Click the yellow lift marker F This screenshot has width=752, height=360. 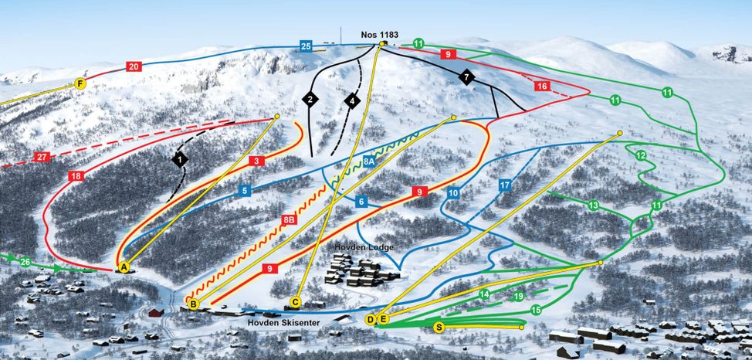coord(80,83)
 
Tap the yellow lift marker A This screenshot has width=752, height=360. coord(123,267)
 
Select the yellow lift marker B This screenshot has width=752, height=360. coord(194,305)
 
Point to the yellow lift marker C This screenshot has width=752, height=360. coord(296,302)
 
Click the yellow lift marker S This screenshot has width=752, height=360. coord(439,328)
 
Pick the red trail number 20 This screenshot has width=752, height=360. coord(134,66)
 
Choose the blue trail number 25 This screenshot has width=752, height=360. coord(307,47)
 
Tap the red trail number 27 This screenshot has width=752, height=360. coord(42,157)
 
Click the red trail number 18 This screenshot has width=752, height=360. coord(76,176)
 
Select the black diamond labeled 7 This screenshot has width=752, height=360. coord(466,76)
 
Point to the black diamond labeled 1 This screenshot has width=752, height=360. coord(180,159)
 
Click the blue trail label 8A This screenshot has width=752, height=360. coord(369,161)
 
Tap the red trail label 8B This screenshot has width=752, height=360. coord(289,220)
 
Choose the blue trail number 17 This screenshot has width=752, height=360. coord(505,185)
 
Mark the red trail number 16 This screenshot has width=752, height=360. coord(542,86)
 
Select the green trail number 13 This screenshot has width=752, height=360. coord(593,205)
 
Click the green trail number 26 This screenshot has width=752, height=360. coord(25,262)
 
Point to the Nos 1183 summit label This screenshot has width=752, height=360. coord(381,34)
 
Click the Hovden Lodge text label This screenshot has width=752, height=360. coord(365,247)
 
